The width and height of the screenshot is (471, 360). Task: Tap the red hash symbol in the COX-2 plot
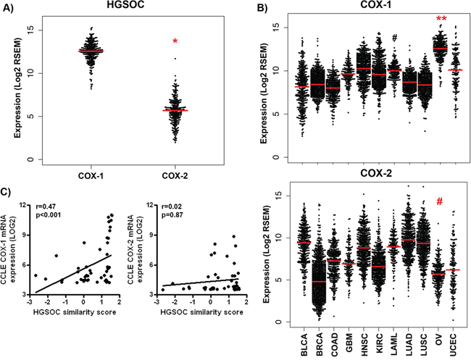(x=440, y=203)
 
